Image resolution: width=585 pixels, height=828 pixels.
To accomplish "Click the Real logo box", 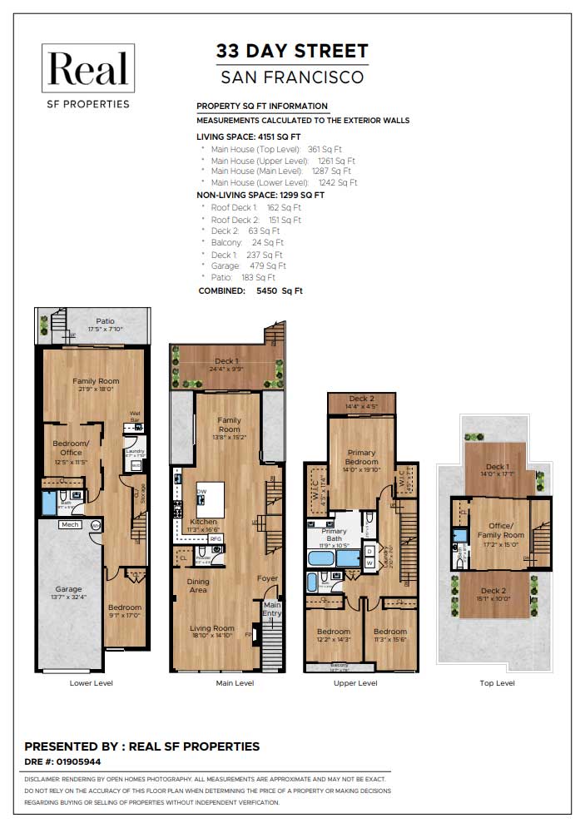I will click(88, 69).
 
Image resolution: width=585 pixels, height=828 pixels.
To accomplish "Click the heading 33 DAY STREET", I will click(291, 51).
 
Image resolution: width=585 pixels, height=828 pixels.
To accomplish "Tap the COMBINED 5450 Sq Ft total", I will click(250, 291).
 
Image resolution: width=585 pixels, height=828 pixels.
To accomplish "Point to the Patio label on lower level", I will click(105, 321).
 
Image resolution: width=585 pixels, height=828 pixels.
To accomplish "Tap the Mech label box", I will click(69, 525).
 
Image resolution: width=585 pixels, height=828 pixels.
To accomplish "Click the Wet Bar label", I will click(135, 416).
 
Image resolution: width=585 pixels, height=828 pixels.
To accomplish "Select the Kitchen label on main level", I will click(204, 522).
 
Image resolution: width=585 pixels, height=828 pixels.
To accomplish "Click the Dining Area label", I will click(197, 586).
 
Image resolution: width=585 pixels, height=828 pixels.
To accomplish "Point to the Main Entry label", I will click(272, 609).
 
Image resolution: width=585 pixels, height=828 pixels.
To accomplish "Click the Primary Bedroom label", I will click(360, 458).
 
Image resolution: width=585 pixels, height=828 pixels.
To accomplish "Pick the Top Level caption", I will click(497, 683).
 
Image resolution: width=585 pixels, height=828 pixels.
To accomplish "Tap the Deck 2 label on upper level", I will click(361, 399).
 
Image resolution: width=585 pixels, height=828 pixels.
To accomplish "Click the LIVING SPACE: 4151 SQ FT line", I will click(248, 136).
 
